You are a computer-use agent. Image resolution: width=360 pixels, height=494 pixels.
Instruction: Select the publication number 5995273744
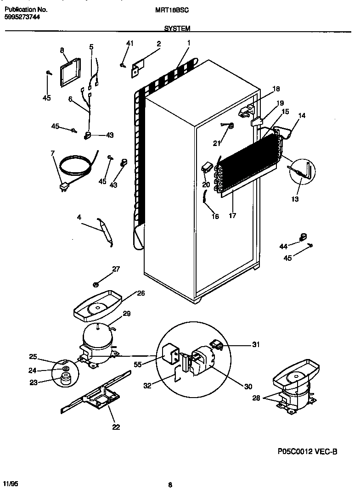coord(22,17)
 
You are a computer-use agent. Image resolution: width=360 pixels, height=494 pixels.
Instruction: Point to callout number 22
coord(116,427)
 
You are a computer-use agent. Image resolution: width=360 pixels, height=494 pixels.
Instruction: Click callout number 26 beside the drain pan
coord(141,293)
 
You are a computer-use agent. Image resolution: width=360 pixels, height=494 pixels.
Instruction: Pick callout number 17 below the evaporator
coord(232,216)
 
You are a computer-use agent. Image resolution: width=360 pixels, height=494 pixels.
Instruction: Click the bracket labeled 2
coord(140,67)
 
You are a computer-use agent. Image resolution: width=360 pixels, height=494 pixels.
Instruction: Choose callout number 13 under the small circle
coord(295,199)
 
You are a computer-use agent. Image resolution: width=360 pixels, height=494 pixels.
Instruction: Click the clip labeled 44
coord(302,237)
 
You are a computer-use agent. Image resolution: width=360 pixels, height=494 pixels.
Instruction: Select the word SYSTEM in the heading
coord(177,28)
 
